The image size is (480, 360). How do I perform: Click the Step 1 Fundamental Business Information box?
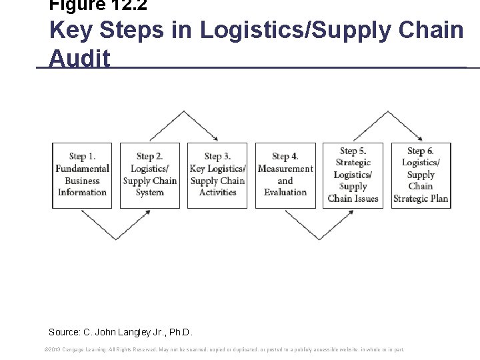pos(82,175)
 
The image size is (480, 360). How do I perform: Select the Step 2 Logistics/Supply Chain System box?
pos(149,175)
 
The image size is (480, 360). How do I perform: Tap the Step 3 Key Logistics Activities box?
pos(217,175)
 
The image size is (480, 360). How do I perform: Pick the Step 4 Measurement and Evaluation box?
pos(285,175)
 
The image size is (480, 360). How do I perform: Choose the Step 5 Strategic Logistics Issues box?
pos(353,175)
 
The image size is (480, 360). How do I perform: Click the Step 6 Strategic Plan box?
pos(421,175)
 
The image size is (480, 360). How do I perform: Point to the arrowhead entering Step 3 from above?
pos(217,139)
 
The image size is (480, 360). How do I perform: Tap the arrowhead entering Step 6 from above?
pos(419,139)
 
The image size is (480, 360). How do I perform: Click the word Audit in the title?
pos(79,59)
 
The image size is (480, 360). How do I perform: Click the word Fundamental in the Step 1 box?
pos(82,169)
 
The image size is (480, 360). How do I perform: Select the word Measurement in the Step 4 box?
pos(285,169)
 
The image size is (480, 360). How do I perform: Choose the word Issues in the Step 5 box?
pos(365,199)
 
